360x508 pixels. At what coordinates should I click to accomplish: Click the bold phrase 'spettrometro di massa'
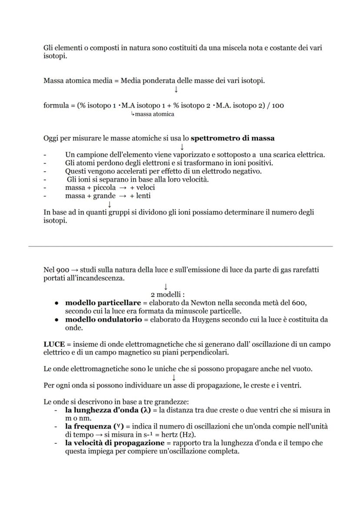[x=233, y=139]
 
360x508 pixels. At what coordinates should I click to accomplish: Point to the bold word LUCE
[x=54, y=344]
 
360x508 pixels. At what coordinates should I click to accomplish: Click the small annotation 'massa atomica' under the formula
[x=154, y=114]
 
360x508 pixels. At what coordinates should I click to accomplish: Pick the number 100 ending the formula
[x=278, y=106]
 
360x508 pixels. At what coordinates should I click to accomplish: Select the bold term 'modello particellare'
[x=103, y=302]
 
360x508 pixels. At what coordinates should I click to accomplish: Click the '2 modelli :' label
[x=168, y=295]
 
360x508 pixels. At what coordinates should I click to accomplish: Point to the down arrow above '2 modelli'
[x=166, y=287]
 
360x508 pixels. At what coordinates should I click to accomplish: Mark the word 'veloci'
[x=145, y=188]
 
